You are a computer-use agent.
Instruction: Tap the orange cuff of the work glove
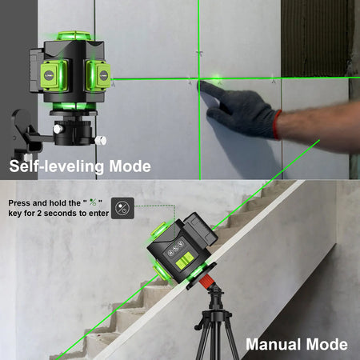coord(277,123)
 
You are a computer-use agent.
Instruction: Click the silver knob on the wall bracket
coord(101,141)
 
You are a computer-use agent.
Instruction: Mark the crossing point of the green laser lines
coord(198,81)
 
